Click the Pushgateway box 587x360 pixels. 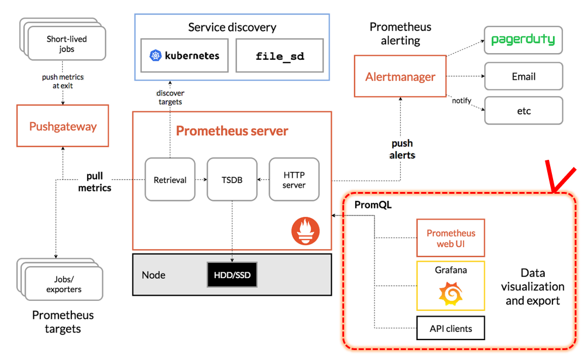pyautogui.click(x=63, y=126)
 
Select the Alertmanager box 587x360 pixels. pyautogui.click(x=400, y=77)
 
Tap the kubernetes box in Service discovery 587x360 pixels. pyautogui.click(x=184, y=56)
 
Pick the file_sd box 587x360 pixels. pyautogui.click(x=280, y=56)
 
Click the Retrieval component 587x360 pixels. pyautogui.click(x=170, y=180)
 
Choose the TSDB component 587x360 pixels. pyautogui.click(x=232, y=180)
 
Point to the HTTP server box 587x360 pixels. pyautogui.click(x=294, y=180)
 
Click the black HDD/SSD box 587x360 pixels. pyautogui.click(x=232, y=275)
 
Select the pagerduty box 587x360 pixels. pyautogui.click(x=523, y=40)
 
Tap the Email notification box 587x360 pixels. pyautogui.click(x=524, y=76)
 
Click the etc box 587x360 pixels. pyautogui.click(x=524, y=111)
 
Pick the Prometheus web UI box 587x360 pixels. pyautogui.click(x=451, y=238)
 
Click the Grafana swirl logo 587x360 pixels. pyautogui.click(x=451, y=294)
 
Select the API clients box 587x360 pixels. pyautogui.click(x=451, y=328)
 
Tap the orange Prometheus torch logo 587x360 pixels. pyautogui.click(x=305, y=231)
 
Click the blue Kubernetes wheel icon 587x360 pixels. pyautogui.click(x=155, y=56)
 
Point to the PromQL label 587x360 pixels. pyautogui.click(x=373, y=205)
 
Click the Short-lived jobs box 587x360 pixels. pyautogui.click(x=67, y=43)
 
